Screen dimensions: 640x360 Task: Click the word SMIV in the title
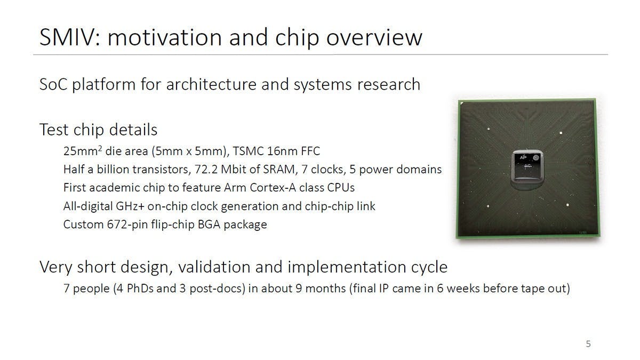70,37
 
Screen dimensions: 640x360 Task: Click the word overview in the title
374,38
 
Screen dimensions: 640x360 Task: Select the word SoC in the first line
53,84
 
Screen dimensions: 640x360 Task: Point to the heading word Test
54,130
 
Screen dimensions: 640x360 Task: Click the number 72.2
206,170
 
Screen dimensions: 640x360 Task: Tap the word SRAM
279,170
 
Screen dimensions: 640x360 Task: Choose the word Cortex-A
273,188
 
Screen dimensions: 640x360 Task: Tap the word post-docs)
217,289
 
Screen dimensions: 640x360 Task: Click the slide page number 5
588,343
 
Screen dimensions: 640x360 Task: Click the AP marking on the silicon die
523,157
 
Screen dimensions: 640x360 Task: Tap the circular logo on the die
535,157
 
